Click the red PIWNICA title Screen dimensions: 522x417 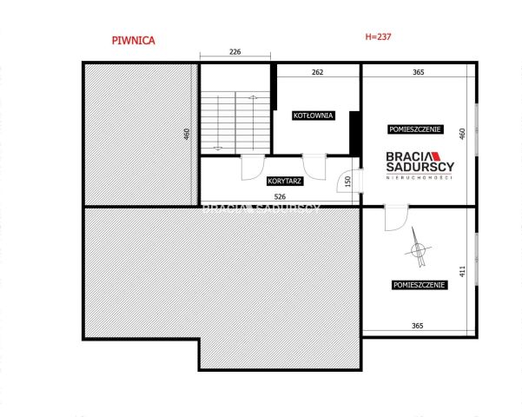tap(134, 41)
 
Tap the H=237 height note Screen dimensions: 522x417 tap(378, 36)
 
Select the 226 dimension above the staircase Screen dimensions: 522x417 tap(235, 51)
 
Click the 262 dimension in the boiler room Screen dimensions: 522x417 tap(318, 72)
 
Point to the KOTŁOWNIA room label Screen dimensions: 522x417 tap(313, 116)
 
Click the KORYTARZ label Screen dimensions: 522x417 tap(285, 182)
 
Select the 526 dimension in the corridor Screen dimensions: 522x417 tap(280, 196)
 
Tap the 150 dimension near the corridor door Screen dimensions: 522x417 tap(348, 182)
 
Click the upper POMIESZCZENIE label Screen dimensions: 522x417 tap(415, 129)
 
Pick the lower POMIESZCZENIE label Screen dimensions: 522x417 tap(420, 285)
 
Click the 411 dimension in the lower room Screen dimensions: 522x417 tap(462, 271)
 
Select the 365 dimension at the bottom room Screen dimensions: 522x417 tap(418, 326)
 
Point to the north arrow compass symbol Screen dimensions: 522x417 tap(418, 248)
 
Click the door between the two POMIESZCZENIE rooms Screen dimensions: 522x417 tap(396, 217)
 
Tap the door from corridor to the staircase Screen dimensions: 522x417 tap(253, 167)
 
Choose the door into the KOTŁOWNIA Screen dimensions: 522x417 tap(314, 167)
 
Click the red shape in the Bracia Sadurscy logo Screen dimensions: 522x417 tap(436, 156)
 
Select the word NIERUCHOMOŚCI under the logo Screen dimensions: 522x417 tap(420, 177)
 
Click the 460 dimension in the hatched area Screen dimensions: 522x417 tap(187, 134)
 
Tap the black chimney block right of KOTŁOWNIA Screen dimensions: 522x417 tap(355, 133)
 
